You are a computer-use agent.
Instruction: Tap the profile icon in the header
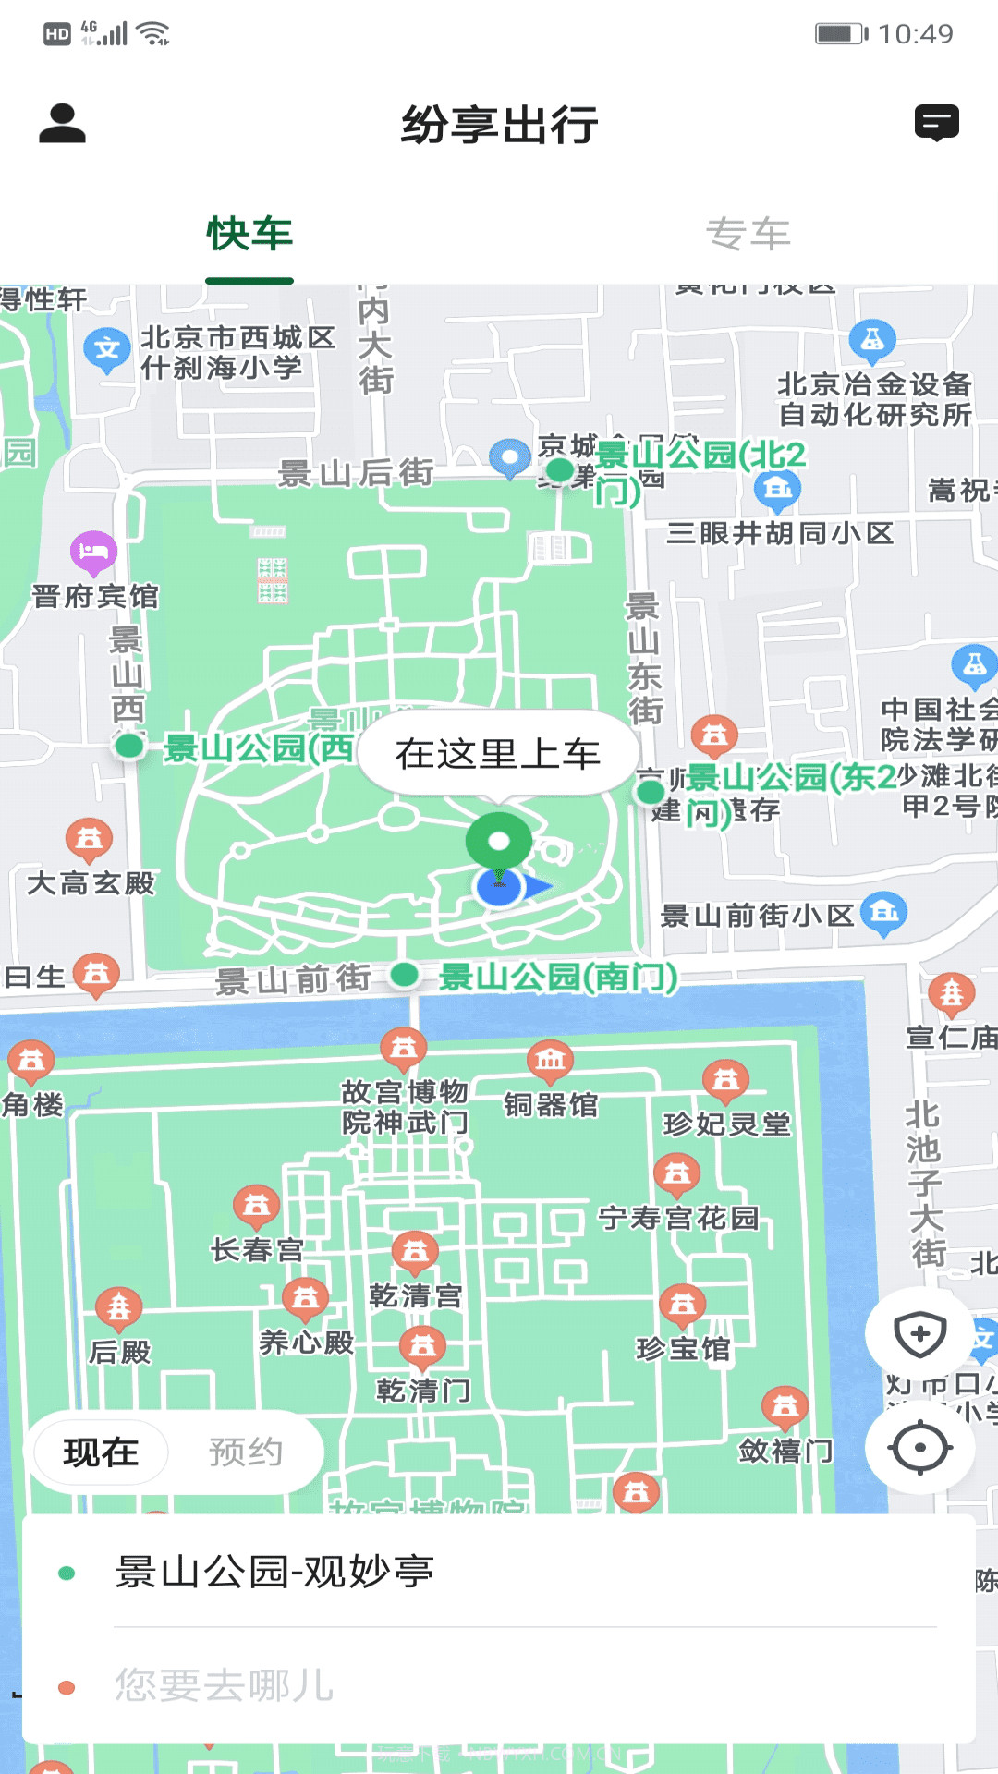click(62, 124)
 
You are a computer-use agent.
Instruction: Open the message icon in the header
click(936, 123)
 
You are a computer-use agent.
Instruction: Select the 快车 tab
click(249, 234)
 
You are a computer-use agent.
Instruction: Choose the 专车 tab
click(748, 234)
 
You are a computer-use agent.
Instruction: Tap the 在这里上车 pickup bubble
click(498, 754)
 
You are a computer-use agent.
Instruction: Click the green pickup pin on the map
click(498, 841)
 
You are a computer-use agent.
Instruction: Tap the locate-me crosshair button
click(919, 1447)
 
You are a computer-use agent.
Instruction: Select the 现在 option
click(101, 1452)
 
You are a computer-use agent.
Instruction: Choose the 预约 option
click(245, 1452)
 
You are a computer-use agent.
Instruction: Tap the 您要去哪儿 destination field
click(499, 1685)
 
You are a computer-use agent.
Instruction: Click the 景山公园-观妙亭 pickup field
click(499, 1573)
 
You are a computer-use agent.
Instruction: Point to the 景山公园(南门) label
click(557, 977)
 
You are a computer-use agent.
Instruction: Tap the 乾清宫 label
click(415, 1296)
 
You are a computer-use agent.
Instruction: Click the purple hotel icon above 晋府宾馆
click(93, 553)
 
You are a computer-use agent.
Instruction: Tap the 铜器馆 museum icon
click(550, 1060)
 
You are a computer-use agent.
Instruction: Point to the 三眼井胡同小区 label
click(780, 533)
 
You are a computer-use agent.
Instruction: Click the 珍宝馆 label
click(683, 1349)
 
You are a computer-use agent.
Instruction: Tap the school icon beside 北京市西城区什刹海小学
click(107, 349)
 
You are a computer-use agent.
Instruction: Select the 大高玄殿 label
click(91, 883)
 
